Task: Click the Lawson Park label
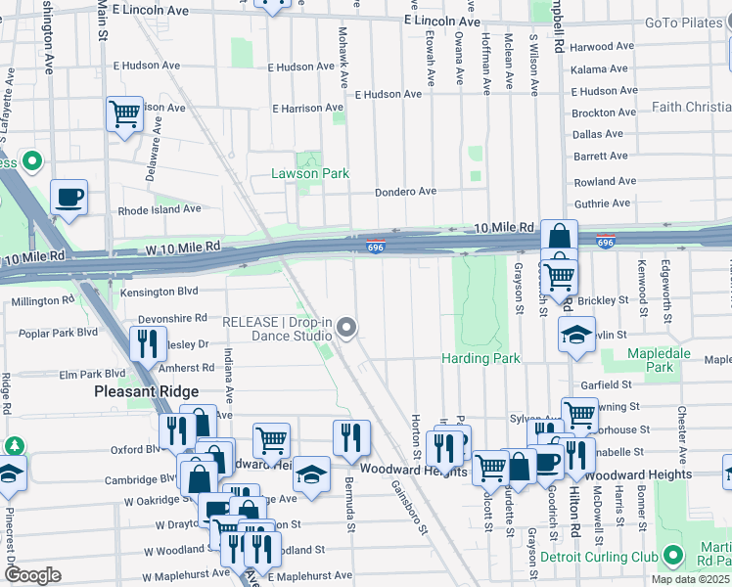click(309, 174)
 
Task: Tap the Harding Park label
click(480, 358)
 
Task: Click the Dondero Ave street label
click(407, 192)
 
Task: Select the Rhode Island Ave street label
click(160, 209)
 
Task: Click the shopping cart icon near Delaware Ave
click(124, 114)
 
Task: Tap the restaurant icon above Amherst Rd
click(147, 343)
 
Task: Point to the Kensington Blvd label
click(159, 292)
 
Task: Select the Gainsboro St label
click(410, 507)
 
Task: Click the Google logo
click(32, 575)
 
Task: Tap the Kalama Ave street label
click(599, 69)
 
